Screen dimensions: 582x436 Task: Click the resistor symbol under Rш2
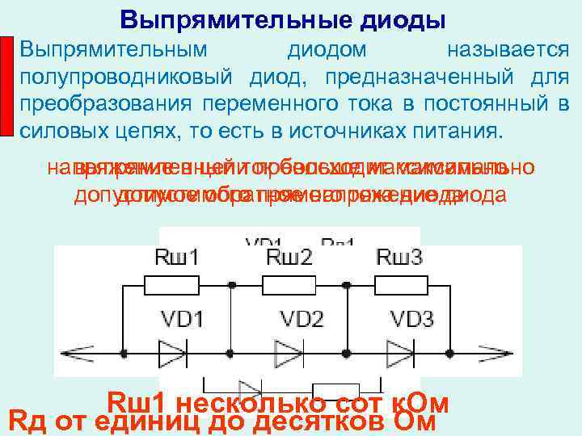(x=288, y=285)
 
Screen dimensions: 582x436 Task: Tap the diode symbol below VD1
(x=173, y=353)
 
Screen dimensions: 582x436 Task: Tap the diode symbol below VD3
(x=399, y=353)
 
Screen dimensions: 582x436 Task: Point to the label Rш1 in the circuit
(x=175, y=259)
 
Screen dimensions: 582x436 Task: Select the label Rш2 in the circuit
(x=289, y=259)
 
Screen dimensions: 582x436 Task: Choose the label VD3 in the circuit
(x=411, y=318)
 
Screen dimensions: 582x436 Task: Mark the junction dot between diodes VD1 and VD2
(x=232, y=353)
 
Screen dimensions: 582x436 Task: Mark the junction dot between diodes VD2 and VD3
(x=347, y=353)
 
